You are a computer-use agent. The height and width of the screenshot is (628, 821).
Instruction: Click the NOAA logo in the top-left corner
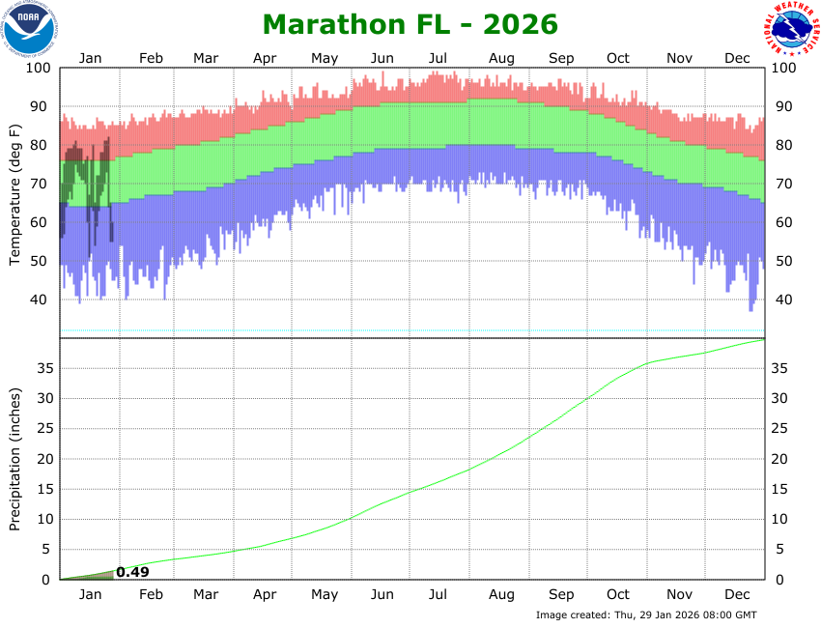29,29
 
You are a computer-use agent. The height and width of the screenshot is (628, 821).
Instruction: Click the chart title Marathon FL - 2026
410,23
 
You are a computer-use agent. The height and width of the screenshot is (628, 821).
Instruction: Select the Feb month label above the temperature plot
151,58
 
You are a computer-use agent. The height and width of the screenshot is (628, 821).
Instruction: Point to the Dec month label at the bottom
738,594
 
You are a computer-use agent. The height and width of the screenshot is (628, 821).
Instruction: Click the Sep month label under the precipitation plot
561,594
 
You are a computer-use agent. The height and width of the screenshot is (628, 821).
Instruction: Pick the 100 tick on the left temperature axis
38,68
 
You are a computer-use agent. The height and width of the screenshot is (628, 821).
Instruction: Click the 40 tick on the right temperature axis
783,300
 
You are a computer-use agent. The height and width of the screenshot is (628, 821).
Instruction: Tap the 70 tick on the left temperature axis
42,184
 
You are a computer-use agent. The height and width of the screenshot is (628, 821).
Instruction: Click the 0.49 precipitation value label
132,572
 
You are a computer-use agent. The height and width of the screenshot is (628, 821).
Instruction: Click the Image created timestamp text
646,614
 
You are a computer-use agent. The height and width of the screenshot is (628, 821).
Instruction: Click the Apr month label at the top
266,58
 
